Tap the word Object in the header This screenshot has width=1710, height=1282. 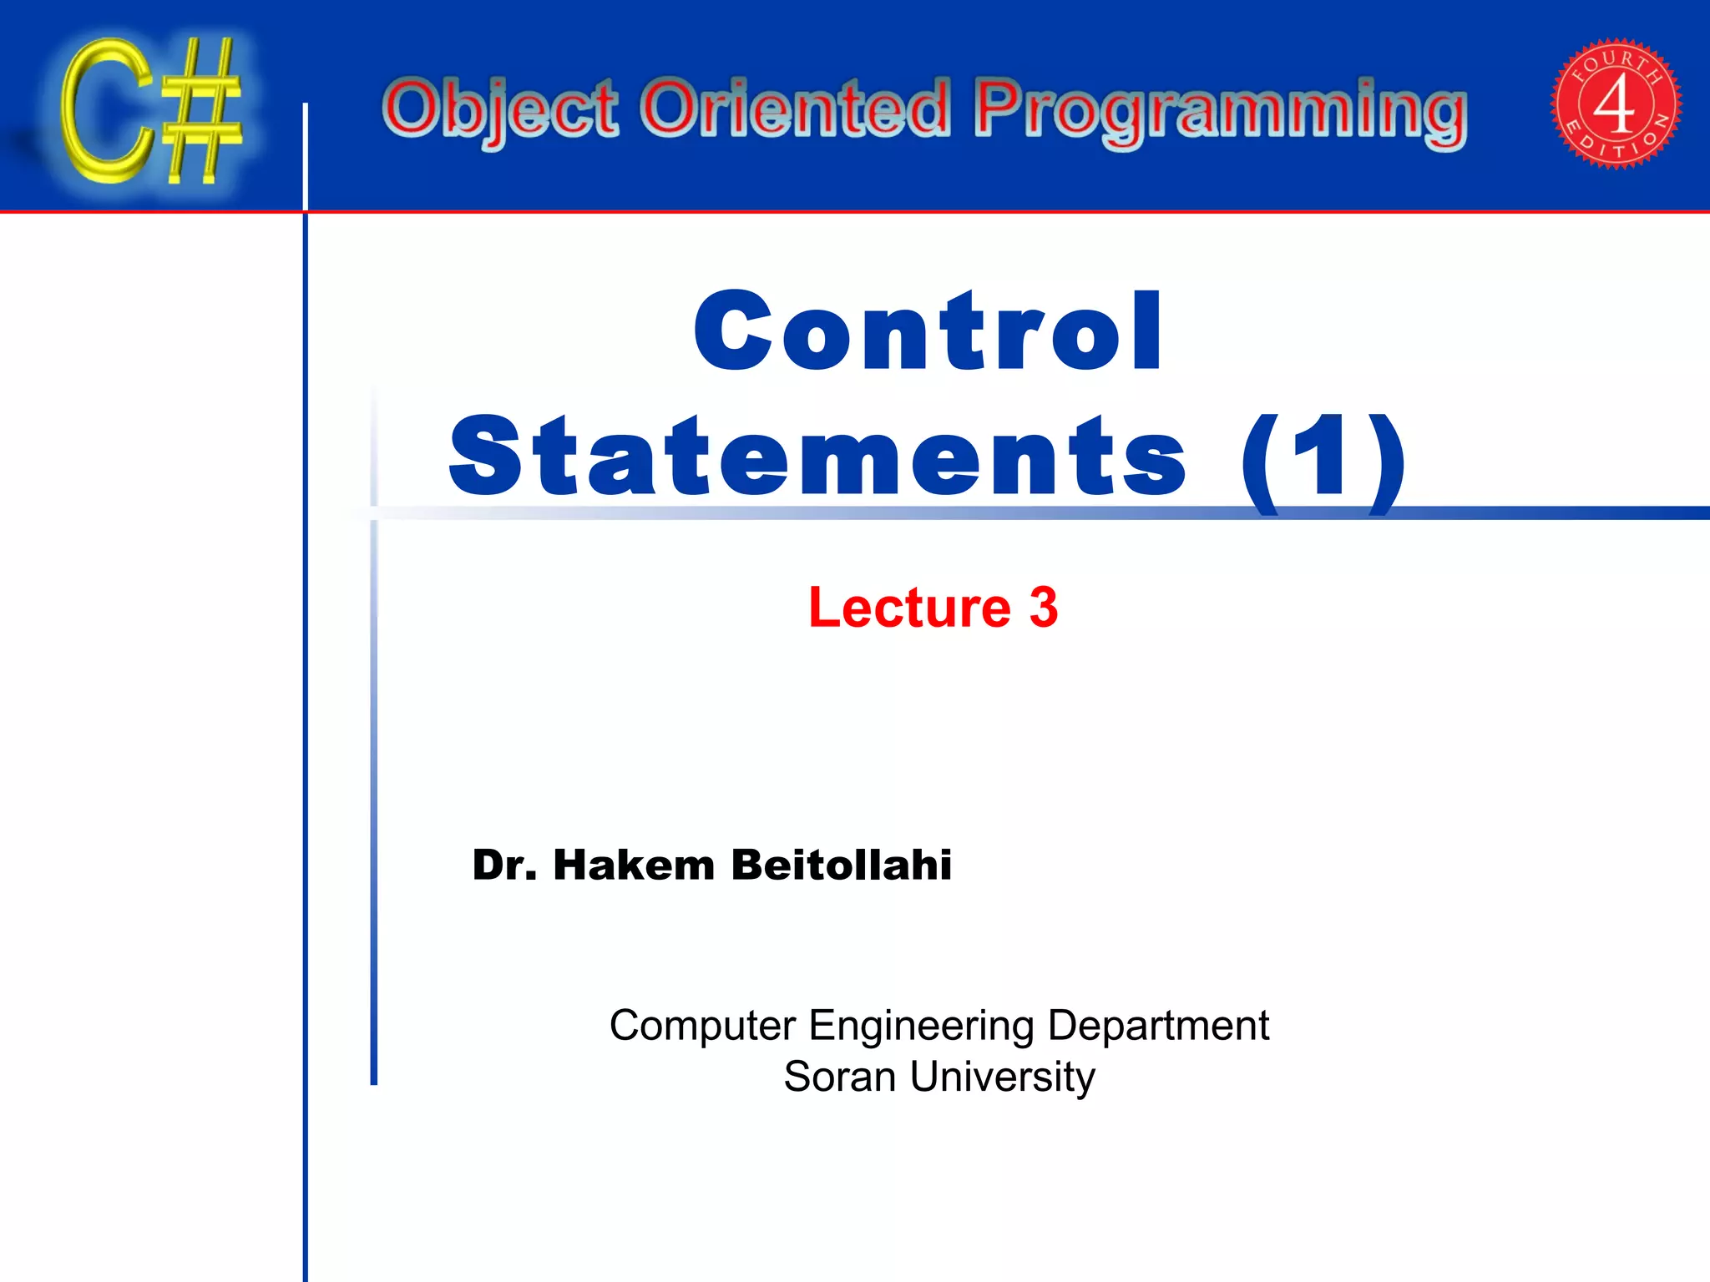tap(499, 110)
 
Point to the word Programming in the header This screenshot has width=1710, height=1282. tap(1221, 112)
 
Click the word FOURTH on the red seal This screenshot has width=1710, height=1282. tap(1616, 64)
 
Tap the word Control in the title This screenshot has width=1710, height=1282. tap(928, 331)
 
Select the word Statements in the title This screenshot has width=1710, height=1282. tap(817, 457)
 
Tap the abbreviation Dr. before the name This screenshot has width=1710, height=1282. tap(504, 865)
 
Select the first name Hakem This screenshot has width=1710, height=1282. tap(634, 865)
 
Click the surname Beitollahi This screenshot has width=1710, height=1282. tap(841, 865)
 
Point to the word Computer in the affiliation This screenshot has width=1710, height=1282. tap(702, 1026)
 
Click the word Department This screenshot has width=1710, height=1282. tap(1157, 1026)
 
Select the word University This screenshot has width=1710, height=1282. tap(1002, 1077)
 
